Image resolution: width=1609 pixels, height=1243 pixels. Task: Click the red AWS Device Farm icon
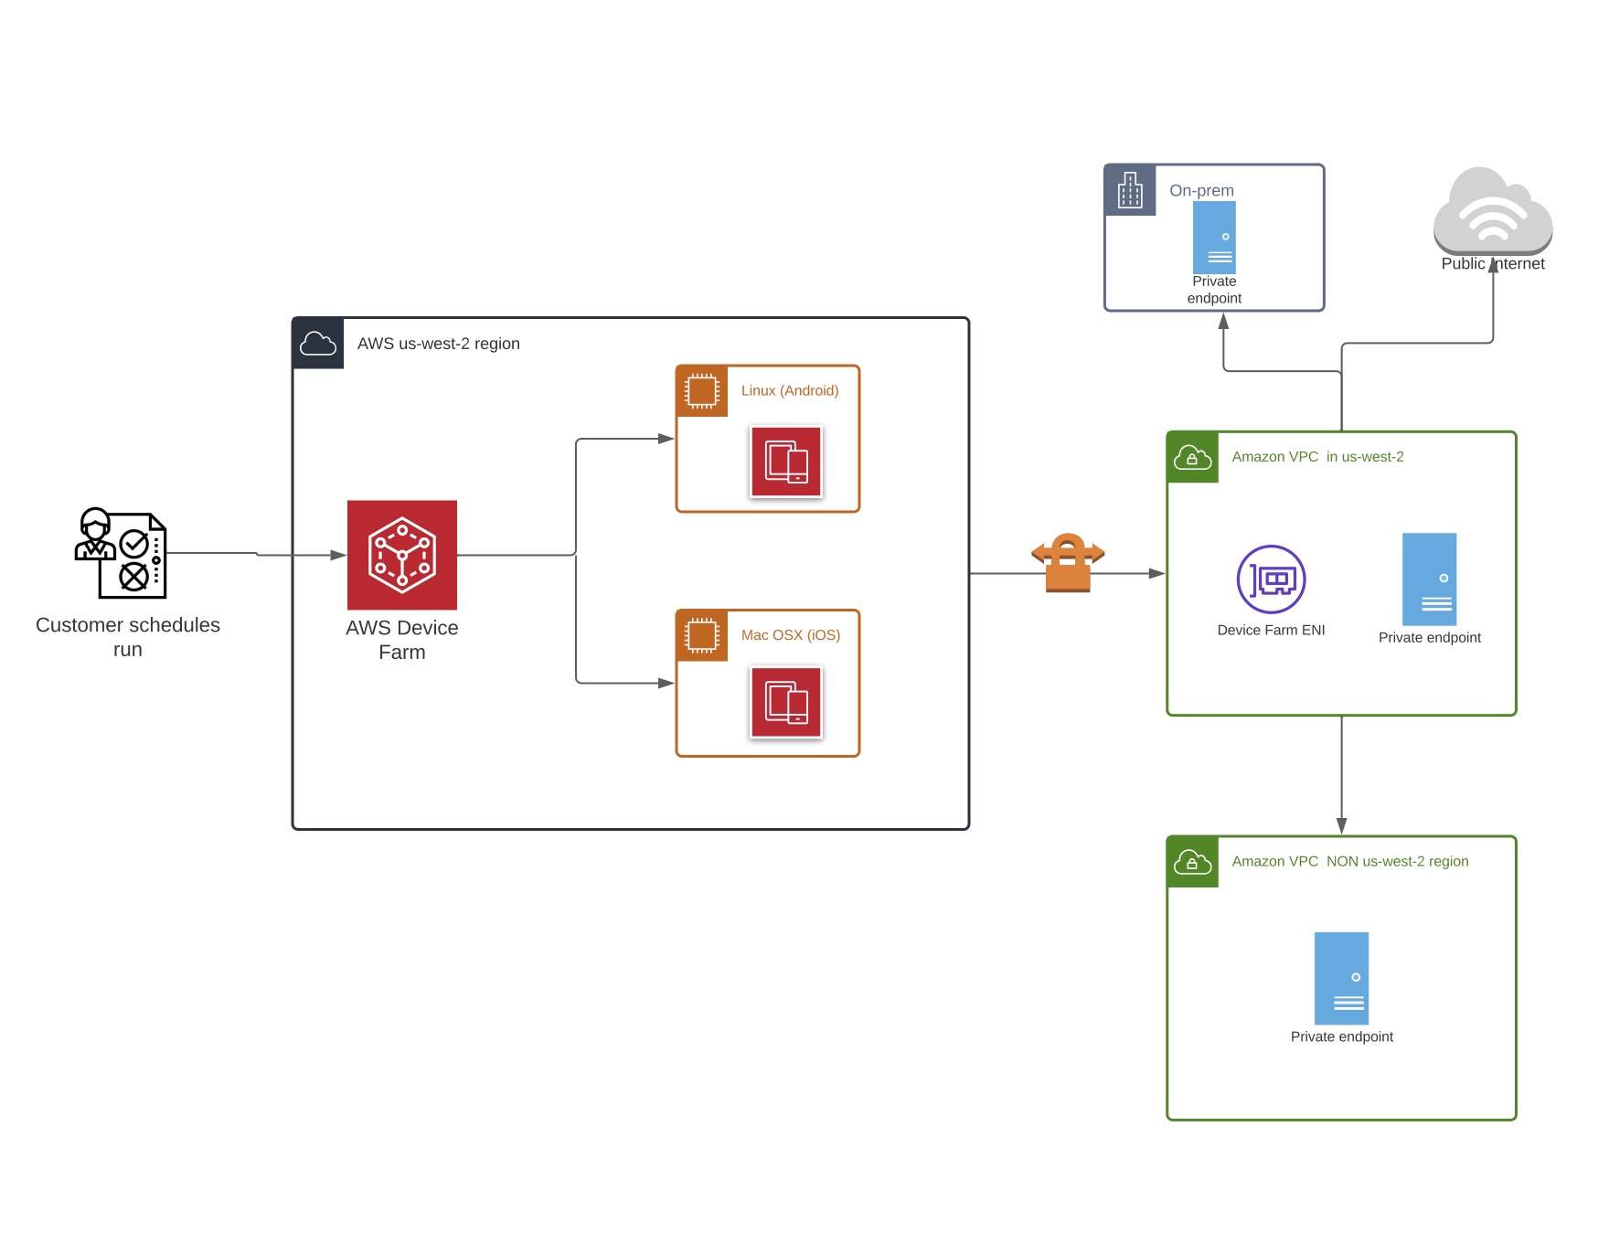pos(401,555)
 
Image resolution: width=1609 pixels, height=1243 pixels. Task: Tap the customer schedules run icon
pos(121,553)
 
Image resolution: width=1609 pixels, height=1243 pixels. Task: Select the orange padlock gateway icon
pos(1068,563)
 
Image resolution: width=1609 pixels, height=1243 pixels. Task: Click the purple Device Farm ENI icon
pos(1271,579)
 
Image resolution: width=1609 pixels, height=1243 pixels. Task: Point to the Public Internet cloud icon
pos(1492,211)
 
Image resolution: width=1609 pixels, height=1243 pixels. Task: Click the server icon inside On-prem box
pos(1214,238)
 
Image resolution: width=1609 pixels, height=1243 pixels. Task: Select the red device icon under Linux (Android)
pos(786,462)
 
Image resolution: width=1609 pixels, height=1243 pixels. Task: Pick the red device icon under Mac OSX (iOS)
pos(786,703)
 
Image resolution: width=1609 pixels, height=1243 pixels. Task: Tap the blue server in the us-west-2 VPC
pos(1429,579)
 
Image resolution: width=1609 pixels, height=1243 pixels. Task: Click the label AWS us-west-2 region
pos(438,344)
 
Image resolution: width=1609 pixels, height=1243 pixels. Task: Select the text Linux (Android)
pos(790,390)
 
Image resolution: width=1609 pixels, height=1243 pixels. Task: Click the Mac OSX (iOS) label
pos(790,635)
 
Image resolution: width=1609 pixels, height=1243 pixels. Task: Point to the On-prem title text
pos(1201,190)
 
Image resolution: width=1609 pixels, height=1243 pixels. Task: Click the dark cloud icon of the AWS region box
pos(318,344)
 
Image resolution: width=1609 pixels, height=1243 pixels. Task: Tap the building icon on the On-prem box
pos(1130,190)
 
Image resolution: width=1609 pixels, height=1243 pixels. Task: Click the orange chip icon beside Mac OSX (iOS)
pos(702,635)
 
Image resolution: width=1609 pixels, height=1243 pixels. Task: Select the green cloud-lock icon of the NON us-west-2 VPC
pos(1192,862)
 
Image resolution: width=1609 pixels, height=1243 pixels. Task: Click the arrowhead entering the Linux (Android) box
pos(666,439)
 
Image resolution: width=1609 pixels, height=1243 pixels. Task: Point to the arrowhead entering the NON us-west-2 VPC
pos(1341,826)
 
